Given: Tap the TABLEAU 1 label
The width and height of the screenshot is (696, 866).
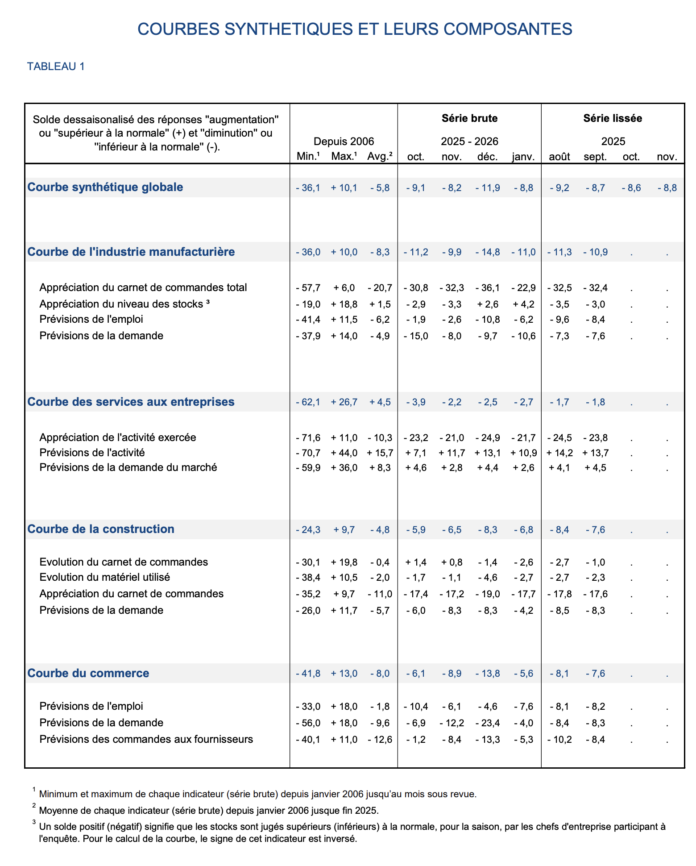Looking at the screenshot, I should coord(56,67).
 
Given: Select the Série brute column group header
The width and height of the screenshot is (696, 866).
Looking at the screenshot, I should coord(469,118).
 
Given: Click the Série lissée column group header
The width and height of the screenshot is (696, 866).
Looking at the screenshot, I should coord(613,118).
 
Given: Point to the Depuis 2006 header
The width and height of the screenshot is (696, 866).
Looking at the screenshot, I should coord(344,142).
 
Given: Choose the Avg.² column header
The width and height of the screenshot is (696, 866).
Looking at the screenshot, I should coord(380,157).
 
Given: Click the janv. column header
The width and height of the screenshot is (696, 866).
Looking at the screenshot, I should coord(523,157).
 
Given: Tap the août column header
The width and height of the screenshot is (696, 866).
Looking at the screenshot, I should coord(559,157).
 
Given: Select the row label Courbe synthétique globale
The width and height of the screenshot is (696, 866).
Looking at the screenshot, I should coord(105,187).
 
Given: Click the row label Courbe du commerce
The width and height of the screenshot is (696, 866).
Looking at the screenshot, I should coord(88,673).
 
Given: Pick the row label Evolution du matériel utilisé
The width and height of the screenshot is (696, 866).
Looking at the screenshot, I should coord(105,577).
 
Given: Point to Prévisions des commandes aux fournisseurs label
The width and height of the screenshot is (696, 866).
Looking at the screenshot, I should coord(146,739).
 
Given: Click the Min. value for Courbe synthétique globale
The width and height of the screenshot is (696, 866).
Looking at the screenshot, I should coord(308,188).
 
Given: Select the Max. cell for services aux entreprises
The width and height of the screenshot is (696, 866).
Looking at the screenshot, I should coord(344,402).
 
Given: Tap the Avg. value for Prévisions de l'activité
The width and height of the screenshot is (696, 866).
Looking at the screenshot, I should coord(380,453).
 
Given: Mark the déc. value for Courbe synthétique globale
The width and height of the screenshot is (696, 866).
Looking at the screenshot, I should coord(488,188).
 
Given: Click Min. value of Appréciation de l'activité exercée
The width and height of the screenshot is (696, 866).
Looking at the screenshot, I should coord(308,438).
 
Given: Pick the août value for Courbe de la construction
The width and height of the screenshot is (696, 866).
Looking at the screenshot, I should coord(559,530).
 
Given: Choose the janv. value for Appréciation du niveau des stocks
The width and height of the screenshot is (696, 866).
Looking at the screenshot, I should coord(523,304).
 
